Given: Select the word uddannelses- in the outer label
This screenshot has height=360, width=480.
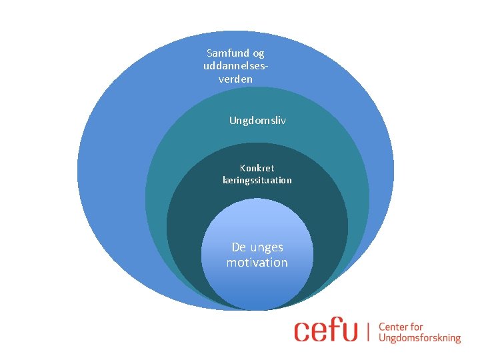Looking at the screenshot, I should click(236, 66).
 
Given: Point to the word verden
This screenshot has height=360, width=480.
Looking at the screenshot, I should click(235, 79).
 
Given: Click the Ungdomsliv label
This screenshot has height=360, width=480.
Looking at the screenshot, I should click(257, 121).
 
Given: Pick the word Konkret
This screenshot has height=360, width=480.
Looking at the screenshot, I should click(257, 168).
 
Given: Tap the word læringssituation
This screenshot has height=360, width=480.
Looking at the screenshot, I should click(257, 180).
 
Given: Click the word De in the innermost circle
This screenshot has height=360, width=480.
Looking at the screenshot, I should click(239, 247).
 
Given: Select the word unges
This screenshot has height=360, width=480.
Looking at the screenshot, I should click(267, 247).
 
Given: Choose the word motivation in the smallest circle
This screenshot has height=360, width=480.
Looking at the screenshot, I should click(257, 263).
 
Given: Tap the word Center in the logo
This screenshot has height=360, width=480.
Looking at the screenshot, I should click(393, 327).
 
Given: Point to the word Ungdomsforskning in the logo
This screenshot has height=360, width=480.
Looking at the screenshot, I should click(419, 338).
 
